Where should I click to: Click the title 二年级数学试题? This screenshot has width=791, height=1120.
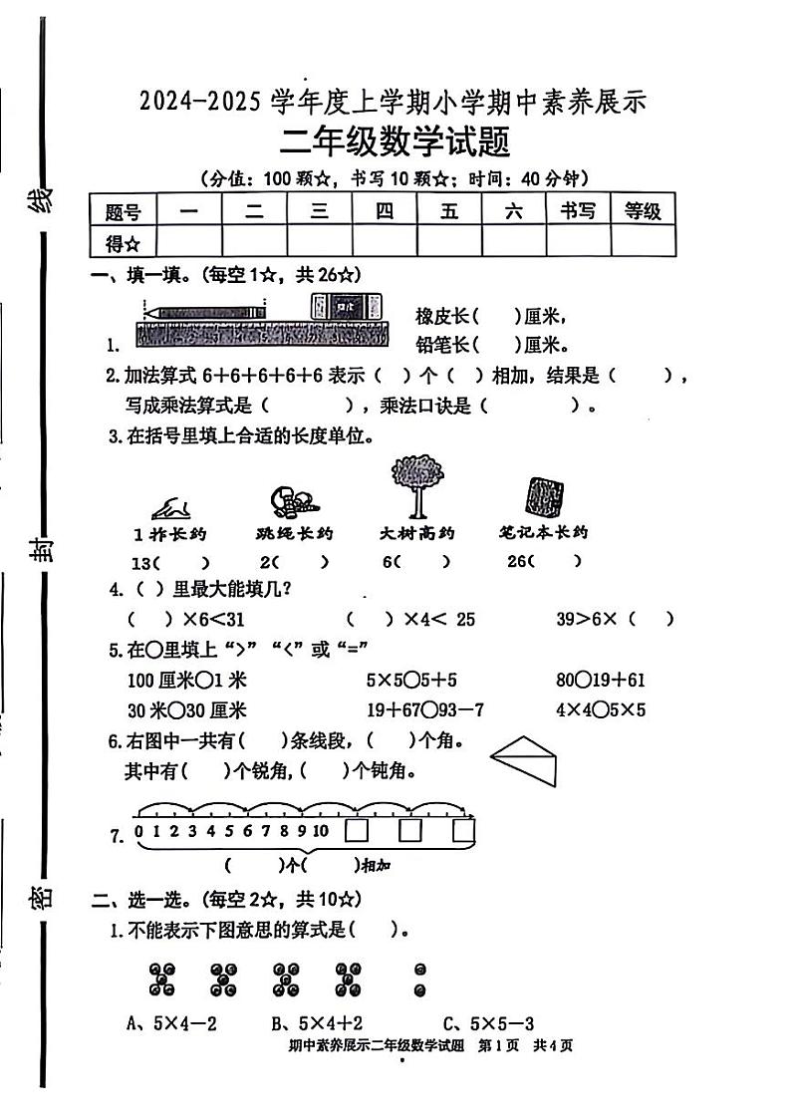click(395, 142)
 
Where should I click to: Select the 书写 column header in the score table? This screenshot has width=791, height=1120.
click(578, 210)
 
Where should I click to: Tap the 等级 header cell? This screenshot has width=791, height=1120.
click(643, 210)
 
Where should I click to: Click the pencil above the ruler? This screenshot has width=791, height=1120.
click(205, 312)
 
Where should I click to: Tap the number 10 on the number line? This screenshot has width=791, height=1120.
click(321, 831)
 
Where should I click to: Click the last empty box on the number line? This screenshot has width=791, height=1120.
click(463, 831)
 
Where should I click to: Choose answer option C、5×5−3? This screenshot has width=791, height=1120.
click(489, 1022)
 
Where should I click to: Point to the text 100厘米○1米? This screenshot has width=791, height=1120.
click(172, 681)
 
